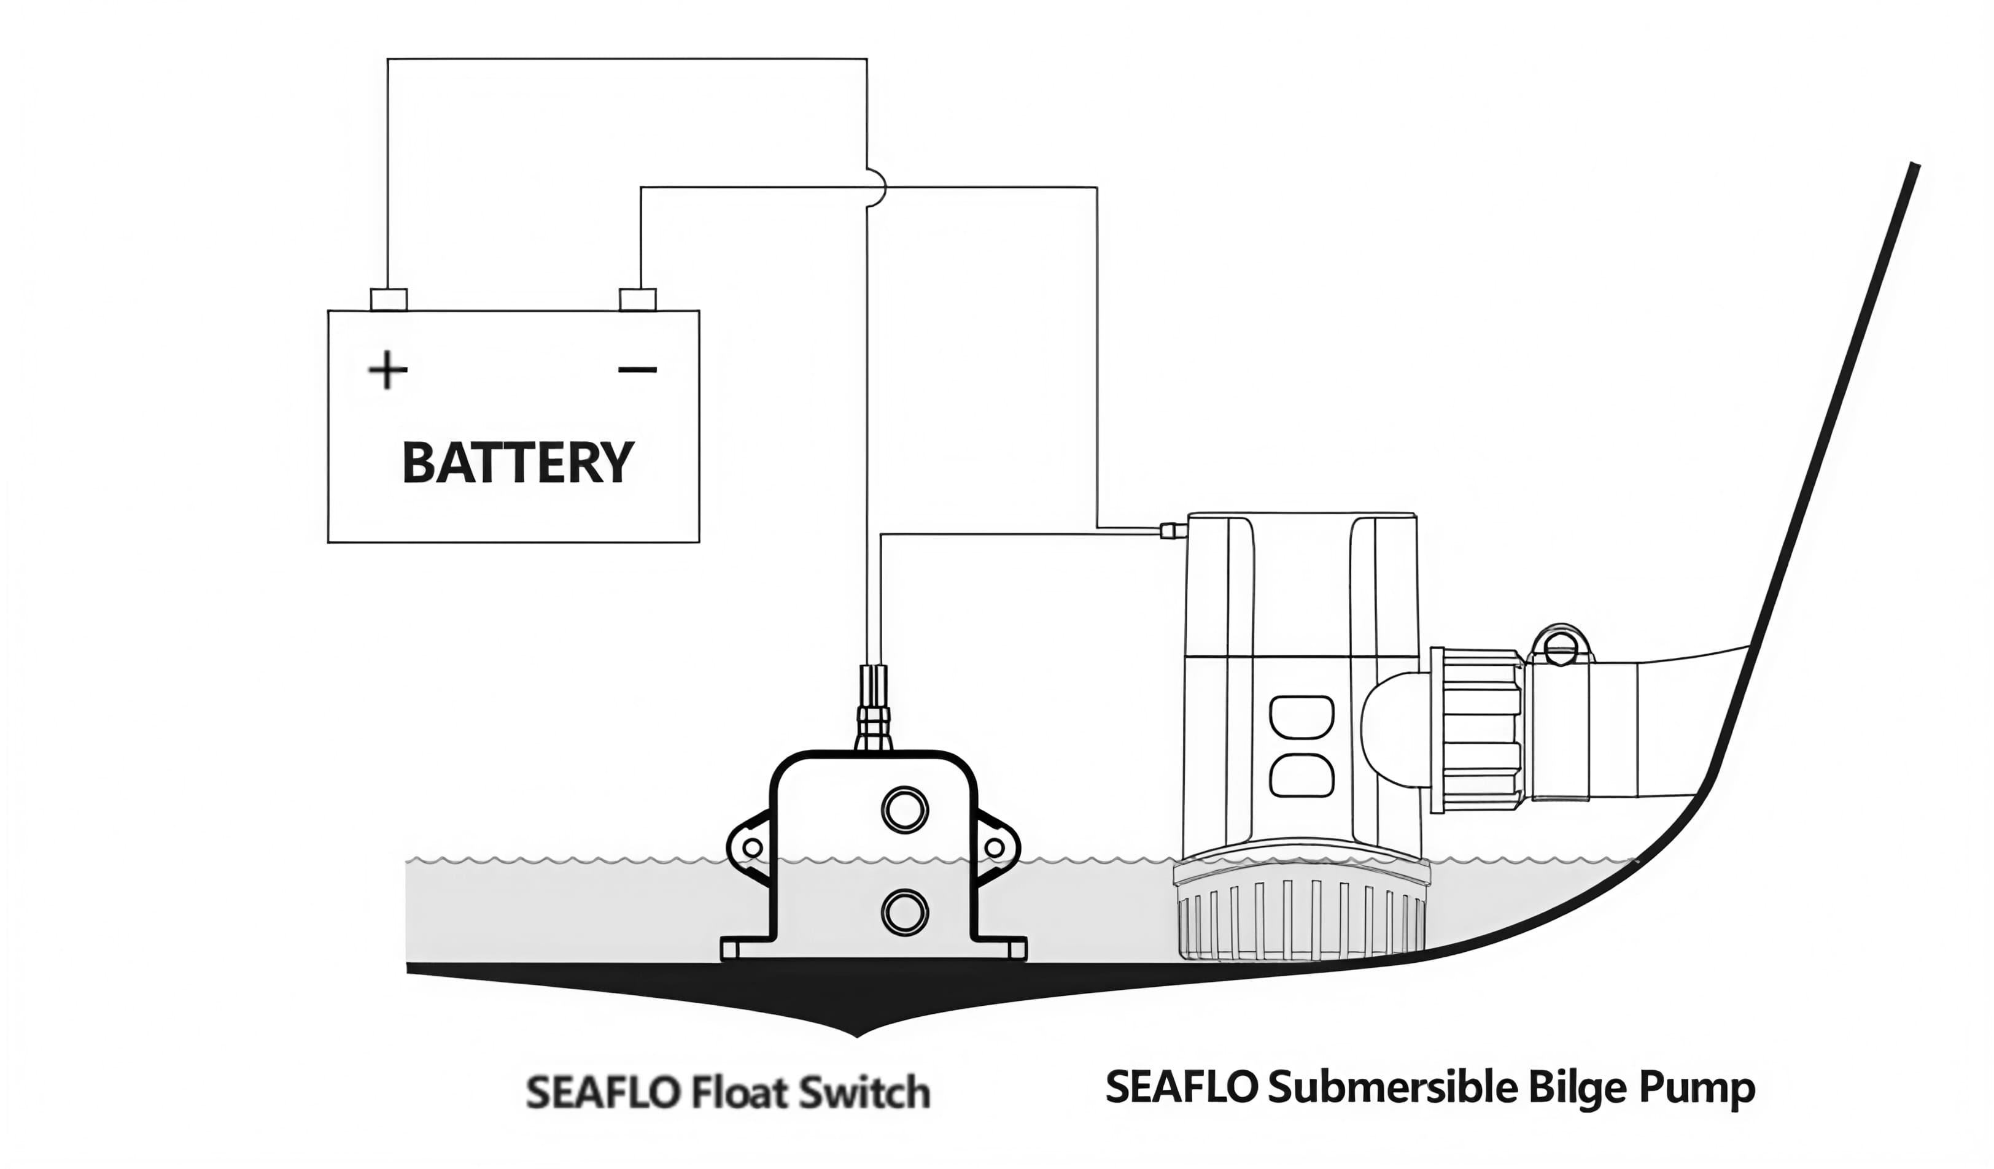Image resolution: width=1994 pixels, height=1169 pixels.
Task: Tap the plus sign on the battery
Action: point(388,369)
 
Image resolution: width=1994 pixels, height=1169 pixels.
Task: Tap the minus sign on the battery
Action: point(637,369)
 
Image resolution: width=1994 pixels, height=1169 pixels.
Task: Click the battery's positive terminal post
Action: point(389,299)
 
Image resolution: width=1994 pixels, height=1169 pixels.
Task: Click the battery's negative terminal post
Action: point(637,299)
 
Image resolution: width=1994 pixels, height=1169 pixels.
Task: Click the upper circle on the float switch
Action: point(904,809)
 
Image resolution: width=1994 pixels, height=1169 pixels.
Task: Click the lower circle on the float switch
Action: point(904,912)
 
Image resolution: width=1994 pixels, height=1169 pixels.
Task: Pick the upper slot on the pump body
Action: point(1301,717)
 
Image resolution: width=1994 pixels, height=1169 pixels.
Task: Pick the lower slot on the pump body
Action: point(1301,776)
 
